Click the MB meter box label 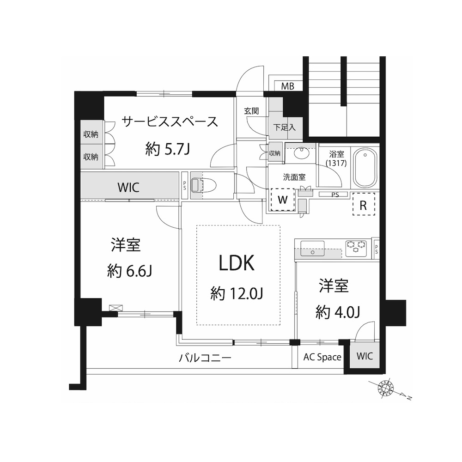pyautogui.click(x=287, y=86)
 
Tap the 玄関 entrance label pyautogui.click(x=251, y=111)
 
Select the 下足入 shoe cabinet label pyautogui.click(x=284, y=128)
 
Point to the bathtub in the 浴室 pyautogui.click(x=365, y=168)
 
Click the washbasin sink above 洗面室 pyautogui.click(x=301, y=153)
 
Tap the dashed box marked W pyautogui.click(x=283, y=200)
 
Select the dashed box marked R pyautogui.click(x=364, y=204)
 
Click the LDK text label pyautogui.click(x=237, y=263)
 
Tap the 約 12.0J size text pyautogui.click(x=237, y=293)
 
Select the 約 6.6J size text pyautogui.click(x=129, y=271)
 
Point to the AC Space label pyautogui.click(x=322, y=357)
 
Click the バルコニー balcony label pyautogui.click(x=206, y=358)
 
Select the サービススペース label pyautogui.click(x=170, y=122)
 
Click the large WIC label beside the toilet pyautogui.click(x=128, y=188)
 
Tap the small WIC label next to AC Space pyautogui.click(x=365, y=356)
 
